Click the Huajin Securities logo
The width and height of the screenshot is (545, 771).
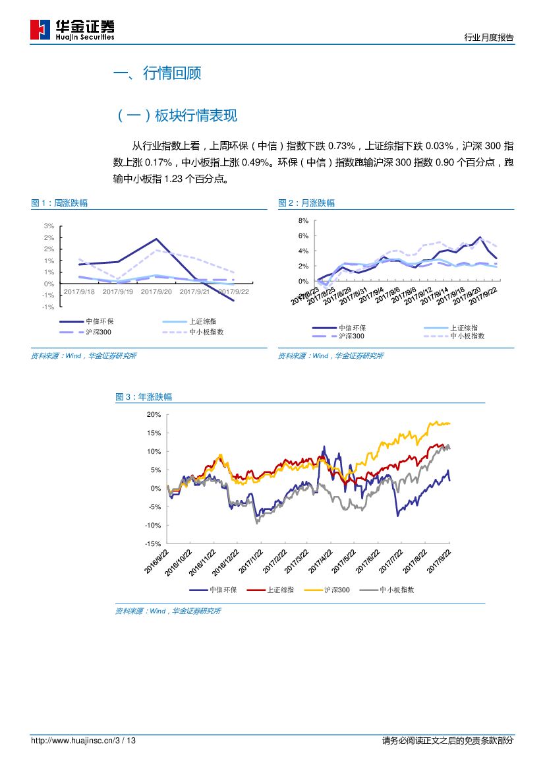coord(72,30)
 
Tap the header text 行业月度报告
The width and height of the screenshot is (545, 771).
coord(488,38)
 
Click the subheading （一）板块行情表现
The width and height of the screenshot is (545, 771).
coord(176,116)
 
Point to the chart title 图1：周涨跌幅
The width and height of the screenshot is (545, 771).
coord(59,203)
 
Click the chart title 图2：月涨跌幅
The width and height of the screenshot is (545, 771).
coord(306,203)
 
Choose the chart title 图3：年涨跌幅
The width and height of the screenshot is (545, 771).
coord(144,397)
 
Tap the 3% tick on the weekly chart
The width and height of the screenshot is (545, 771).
coord(49,226)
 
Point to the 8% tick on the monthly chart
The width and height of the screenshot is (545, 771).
coord(303,220)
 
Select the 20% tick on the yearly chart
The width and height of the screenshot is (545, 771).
coord(154,414)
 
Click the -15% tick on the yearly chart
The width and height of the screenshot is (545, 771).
coord(153,543)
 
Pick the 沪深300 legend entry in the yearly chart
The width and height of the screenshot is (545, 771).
coord(337,590)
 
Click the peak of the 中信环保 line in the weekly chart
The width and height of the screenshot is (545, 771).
coord(156,239)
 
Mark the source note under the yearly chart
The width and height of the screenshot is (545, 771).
coord(168,611)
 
